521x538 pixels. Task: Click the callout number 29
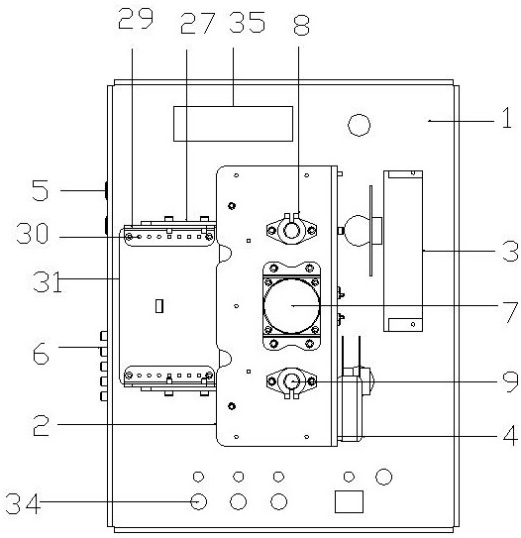[136, 19]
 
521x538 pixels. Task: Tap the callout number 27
[198, 23]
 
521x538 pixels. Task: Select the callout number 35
[247, 23]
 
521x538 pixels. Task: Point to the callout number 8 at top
[302, 26]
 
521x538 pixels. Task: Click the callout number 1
[507, 118]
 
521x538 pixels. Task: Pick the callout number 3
[510, 251]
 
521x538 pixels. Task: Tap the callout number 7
[510, 312]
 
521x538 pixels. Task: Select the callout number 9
[510, 381]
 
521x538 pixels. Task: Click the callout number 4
[510, 435]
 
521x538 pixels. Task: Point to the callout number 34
[23, 503]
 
